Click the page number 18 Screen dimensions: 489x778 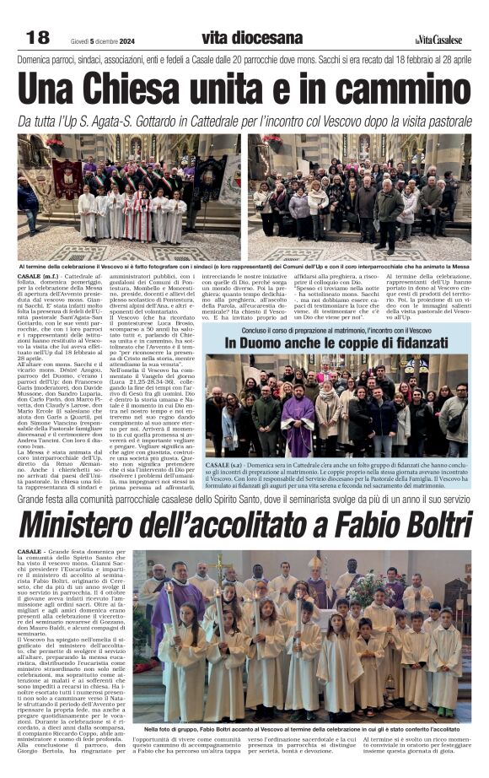click(38, 37)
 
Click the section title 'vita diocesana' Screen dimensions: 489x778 click(251, 37)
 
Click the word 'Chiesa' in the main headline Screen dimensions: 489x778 click(168, 88)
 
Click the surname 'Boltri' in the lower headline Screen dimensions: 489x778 click(425, 524)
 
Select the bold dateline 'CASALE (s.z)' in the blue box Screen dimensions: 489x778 click(224, 465)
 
